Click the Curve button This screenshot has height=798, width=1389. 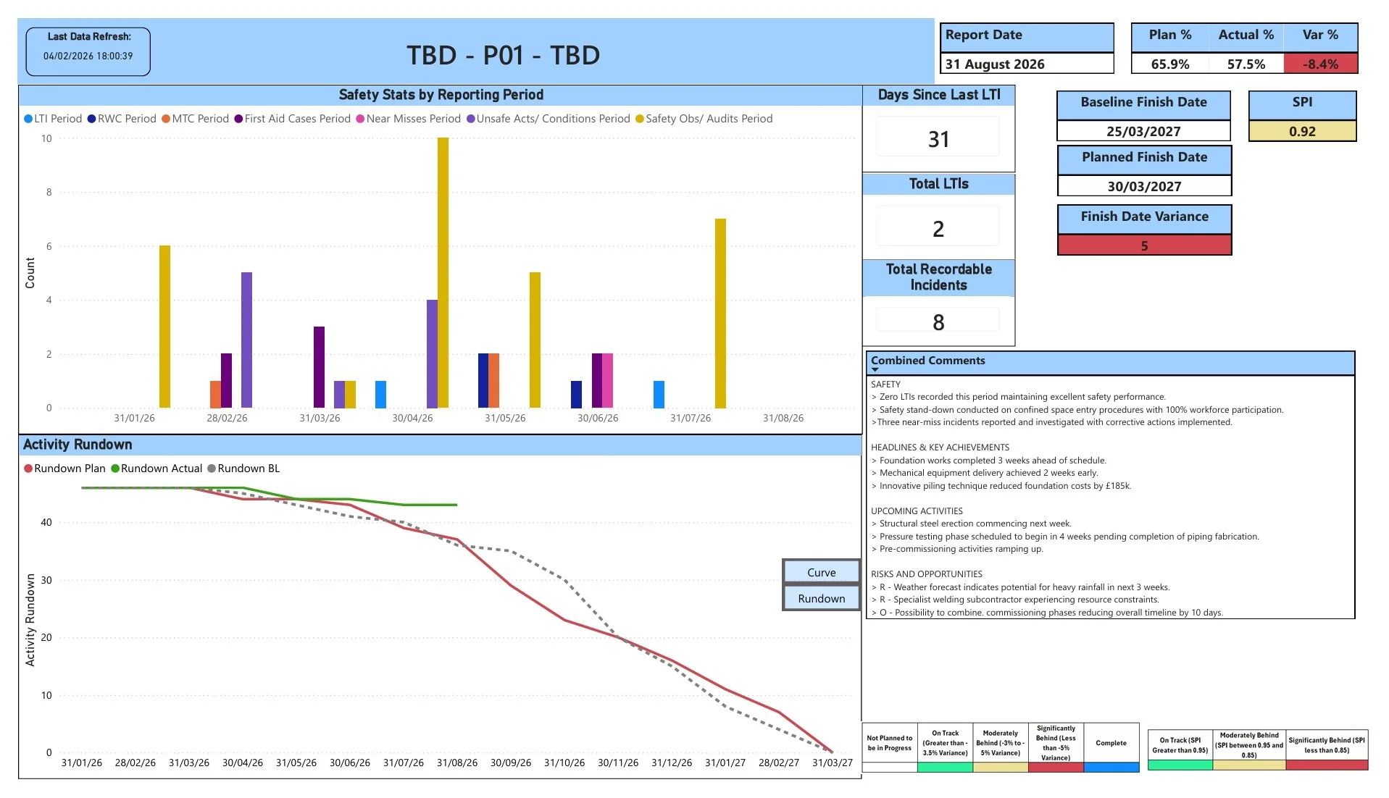tap(821, 572)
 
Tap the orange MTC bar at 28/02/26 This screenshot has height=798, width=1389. tap(215, 394)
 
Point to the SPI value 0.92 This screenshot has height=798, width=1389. tap(1301, 131)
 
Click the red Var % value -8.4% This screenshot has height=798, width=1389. tap(1320, 64)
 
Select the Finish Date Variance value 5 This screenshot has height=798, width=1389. tap(1144, 245)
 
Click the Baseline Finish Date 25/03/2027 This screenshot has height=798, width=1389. tap(1143, 131)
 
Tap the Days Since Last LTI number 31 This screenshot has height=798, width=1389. tap(938, 139)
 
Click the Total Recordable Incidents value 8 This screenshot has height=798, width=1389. tap(938, 322)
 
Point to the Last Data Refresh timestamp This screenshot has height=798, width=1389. tap(88, 56)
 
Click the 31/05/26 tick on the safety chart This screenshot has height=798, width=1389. tap(505, 418)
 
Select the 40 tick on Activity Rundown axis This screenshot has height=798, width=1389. tap(46, 522)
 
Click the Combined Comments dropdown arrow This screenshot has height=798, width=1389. tap(875, 369)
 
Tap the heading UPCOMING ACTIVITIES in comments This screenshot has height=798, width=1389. tap(917, 511)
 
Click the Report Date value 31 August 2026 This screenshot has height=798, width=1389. tap(994, 64)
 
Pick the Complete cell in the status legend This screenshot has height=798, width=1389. tap(1111, 743)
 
